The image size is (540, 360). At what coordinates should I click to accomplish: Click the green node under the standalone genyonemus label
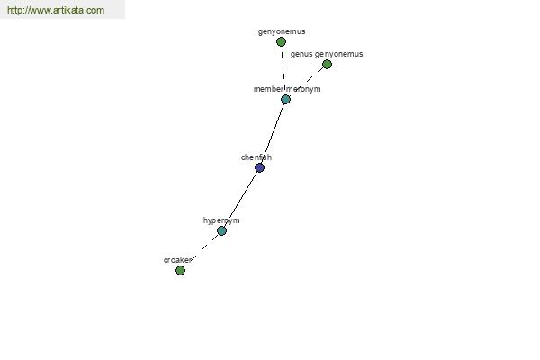281,42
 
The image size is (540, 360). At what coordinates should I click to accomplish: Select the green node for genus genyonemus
327,65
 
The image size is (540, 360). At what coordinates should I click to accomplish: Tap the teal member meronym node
285,100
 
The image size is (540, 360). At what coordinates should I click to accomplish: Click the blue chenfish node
260,167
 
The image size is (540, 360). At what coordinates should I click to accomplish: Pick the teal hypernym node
221,230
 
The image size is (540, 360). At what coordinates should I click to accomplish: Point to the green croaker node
180,270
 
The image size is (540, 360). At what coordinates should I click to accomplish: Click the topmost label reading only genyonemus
282,31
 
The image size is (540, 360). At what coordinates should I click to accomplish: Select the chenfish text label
256,157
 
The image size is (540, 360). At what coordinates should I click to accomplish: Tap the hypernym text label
221,220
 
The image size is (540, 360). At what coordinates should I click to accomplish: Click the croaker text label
177,260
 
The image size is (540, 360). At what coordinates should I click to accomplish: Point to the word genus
301,54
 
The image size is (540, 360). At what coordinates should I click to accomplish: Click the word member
268,89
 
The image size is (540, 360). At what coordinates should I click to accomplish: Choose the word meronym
303,89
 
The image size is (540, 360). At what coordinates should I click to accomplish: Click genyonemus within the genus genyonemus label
339,54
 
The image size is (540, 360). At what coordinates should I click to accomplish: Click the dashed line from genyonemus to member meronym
283,70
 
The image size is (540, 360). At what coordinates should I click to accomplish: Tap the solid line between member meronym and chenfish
273,134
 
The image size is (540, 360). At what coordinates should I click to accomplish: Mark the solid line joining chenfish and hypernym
240,199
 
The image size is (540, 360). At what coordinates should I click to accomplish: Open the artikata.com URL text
56,10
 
